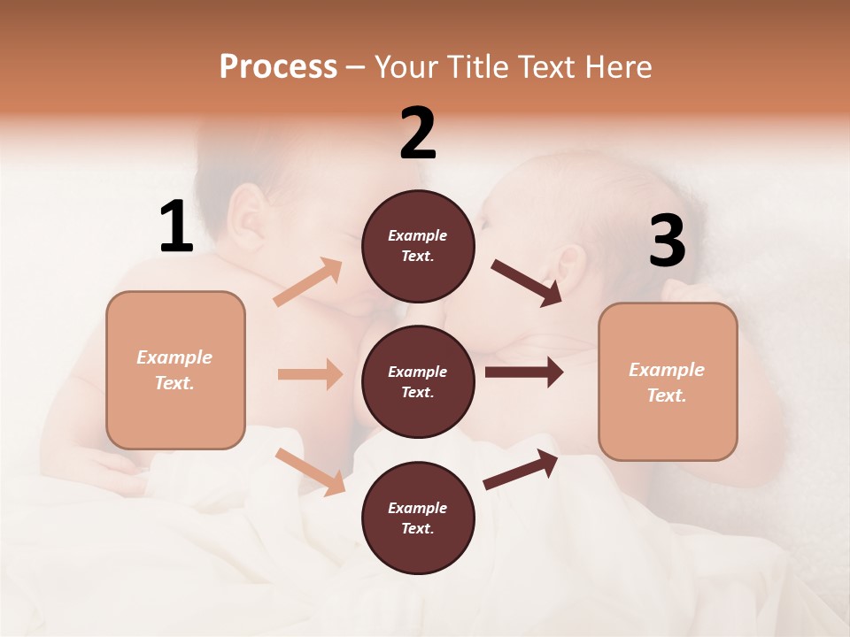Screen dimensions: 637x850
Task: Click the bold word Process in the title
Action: click(x=278, y=66)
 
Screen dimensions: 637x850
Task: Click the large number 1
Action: click(x=176, y=227)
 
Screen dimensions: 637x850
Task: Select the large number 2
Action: click(x=418, y=134)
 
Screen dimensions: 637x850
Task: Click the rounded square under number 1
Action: click(x=175, y=370)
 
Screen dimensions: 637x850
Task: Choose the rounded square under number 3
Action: click(x=668, y=381)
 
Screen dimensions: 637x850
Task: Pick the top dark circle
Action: click(x=418, y=245)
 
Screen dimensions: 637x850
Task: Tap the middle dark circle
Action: click(x=418, y=381)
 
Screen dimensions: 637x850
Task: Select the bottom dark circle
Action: click(x=418, y=518)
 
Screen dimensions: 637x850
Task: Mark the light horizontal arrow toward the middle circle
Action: click(x=310, y=374)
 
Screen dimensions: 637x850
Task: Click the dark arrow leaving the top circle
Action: click(x=527, y=283)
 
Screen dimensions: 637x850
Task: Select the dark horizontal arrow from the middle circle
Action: click(x=523, y=372)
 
